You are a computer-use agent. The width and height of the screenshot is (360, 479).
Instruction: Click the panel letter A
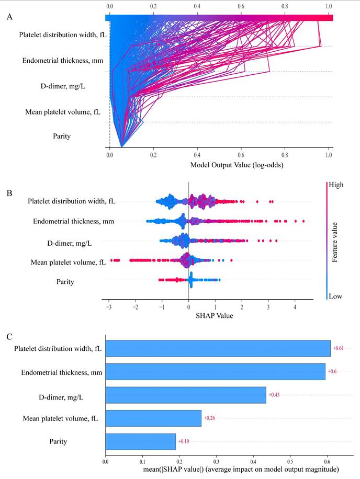9,17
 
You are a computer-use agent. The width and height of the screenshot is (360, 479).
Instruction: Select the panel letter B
9,193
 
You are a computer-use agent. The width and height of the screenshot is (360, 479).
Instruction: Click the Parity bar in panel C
140,442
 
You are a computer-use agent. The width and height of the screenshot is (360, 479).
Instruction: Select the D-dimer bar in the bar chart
186,395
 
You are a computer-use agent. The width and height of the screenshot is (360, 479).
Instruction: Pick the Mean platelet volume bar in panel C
153,418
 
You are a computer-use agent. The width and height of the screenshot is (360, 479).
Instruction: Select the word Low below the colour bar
335,296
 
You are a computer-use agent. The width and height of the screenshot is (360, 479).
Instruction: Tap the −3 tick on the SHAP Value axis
108,306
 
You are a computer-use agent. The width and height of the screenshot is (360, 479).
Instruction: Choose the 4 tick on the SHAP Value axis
295,306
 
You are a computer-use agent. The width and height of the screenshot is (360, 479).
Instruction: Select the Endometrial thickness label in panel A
62,61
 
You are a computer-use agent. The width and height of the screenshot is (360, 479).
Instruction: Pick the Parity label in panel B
65,282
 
